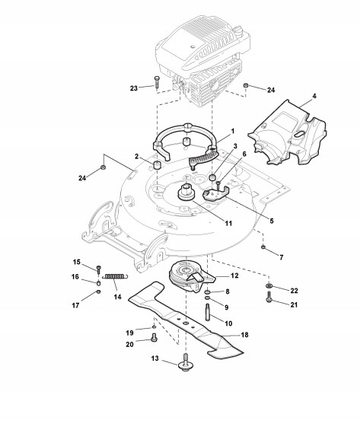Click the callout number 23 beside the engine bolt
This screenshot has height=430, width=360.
(134, 88)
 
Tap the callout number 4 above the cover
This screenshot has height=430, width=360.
(314, 96)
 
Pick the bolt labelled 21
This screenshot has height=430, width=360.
(269, 297)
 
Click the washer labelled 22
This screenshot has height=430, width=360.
(268, 285)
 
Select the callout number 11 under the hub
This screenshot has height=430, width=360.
(228, 224)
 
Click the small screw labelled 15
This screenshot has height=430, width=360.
(98, 269)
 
